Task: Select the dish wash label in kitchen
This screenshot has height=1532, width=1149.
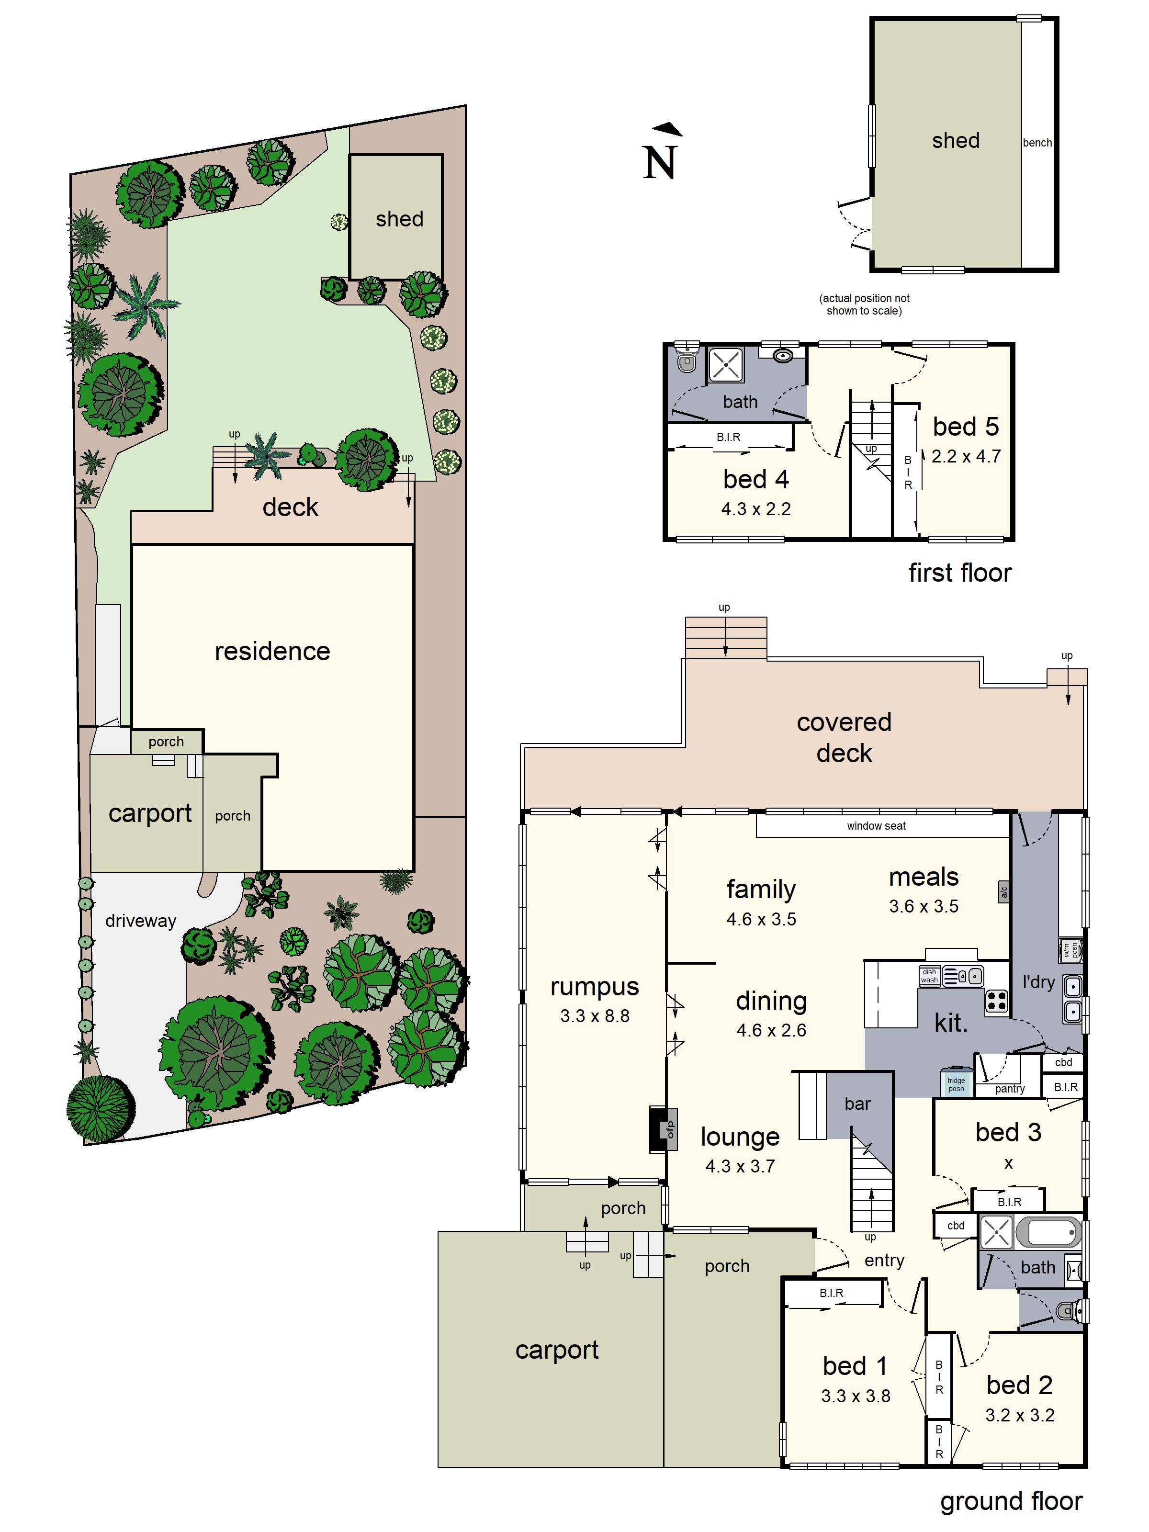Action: (929, 976)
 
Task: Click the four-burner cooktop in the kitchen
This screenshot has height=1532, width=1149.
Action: (997, 1001)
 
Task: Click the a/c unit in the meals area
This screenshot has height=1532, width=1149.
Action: (1003, 891)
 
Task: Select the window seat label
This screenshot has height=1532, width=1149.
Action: (876, 825)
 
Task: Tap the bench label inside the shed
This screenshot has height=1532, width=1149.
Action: (1037, 143)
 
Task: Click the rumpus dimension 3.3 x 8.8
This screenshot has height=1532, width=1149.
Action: (594, 1016)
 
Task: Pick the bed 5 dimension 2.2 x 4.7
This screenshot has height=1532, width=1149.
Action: (966, 456)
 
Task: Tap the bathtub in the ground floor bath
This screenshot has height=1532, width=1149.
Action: (1053, 1233)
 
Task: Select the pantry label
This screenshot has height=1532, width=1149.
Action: (1009, 1089)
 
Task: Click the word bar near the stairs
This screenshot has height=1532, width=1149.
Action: (857, 1104)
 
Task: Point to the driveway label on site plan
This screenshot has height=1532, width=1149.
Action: (141, 921)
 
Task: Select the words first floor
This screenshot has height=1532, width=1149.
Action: (959, 573)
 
